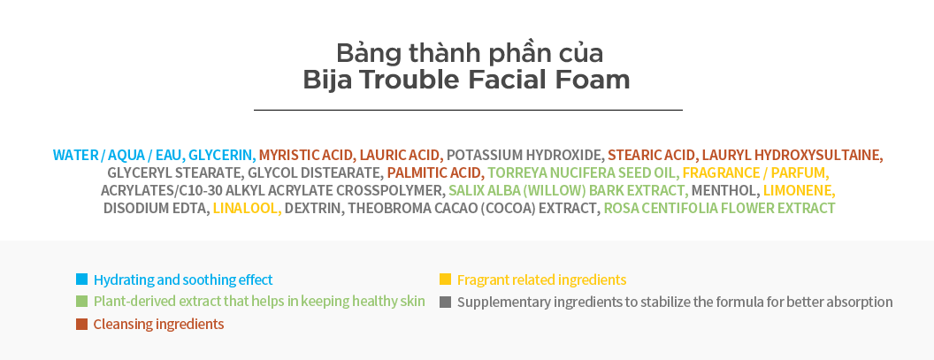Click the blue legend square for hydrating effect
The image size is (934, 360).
(81, 279)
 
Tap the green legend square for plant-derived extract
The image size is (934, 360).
(81, 301)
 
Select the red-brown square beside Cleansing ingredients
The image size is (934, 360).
(81, 325)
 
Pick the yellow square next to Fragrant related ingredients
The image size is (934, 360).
(445, 279)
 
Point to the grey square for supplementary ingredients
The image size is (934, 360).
(445, 302)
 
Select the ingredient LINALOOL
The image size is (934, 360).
(247, 209)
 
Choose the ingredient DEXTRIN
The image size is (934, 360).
(313, 209)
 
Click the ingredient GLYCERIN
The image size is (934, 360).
(222, 156)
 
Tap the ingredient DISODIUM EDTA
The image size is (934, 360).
(156, 209)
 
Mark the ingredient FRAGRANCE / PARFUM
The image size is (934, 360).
(756, 172)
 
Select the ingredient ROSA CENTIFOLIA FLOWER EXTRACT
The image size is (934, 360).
(720, 209)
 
